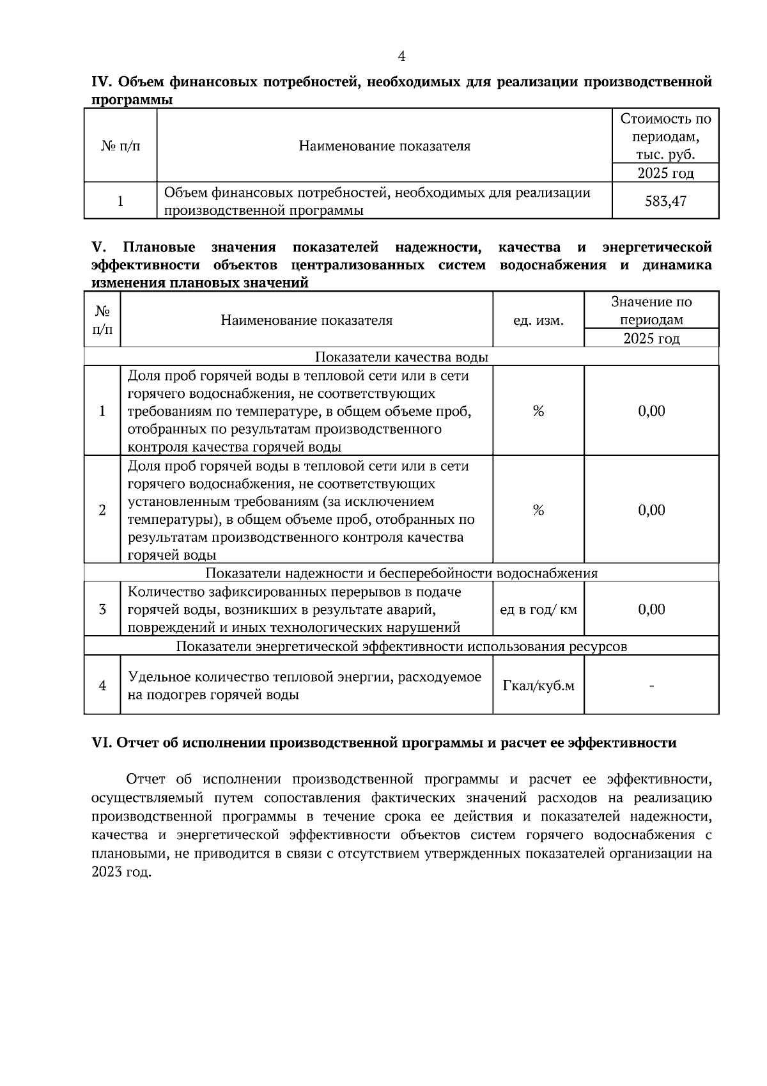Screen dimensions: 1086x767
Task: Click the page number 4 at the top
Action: (401, 56)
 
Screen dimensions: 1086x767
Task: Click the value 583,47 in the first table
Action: (665, 201)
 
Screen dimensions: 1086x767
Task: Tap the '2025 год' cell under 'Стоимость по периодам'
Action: (665, 173)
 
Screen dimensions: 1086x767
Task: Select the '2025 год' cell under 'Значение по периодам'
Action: (651, 338)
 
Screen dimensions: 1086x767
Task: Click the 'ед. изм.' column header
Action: (538, 320)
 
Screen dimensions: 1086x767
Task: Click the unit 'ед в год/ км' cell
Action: (538, 610)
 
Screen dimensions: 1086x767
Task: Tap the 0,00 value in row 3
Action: (651, 610)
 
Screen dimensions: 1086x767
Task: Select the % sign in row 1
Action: (538, 411)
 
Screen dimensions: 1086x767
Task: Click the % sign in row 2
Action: (538, 510)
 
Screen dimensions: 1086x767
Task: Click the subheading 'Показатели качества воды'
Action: (402, 357)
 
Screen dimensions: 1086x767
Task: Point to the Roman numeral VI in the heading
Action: (102, 743)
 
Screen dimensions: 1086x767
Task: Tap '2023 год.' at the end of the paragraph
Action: (121, 872)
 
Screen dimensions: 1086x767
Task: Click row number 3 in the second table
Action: (102, 610)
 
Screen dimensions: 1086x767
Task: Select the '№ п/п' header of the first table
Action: (120, 146)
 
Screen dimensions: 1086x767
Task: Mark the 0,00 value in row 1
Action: (651, 411)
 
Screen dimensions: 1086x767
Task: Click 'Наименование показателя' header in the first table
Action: (384, 146)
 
